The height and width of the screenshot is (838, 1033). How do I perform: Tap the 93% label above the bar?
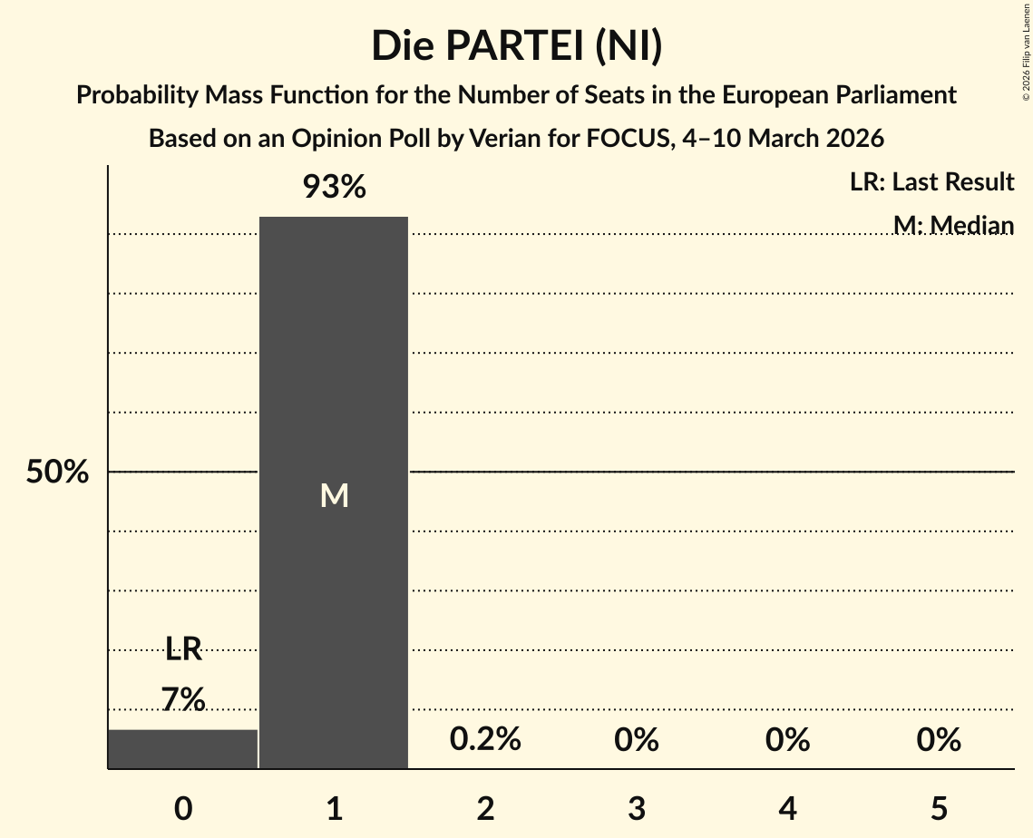coord(334,188)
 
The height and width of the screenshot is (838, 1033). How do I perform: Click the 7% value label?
coord(183,699)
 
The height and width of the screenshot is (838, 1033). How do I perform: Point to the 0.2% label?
coord(485,740)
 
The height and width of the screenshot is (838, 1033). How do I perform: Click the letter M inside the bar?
coord(334,495)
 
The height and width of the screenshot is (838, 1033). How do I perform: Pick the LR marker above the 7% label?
coord(183,648)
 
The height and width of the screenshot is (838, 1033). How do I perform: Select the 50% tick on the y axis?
coord(57,473)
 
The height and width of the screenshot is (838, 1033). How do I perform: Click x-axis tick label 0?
coord(183,808)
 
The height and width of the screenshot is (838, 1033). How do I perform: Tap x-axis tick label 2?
coord(485,808)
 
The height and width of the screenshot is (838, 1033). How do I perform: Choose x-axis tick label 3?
coord(637,808)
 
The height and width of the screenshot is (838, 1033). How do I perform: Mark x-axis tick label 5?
coord(939,808)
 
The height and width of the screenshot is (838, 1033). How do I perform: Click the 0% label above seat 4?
coord(787,740)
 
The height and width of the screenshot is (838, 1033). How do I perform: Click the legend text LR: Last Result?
coord(931,182)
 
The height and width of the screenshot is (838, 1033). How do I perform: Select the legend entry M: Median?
coord(953,225)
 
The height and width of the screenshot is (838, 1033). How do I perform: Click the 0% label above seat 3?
coord(637,740)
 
